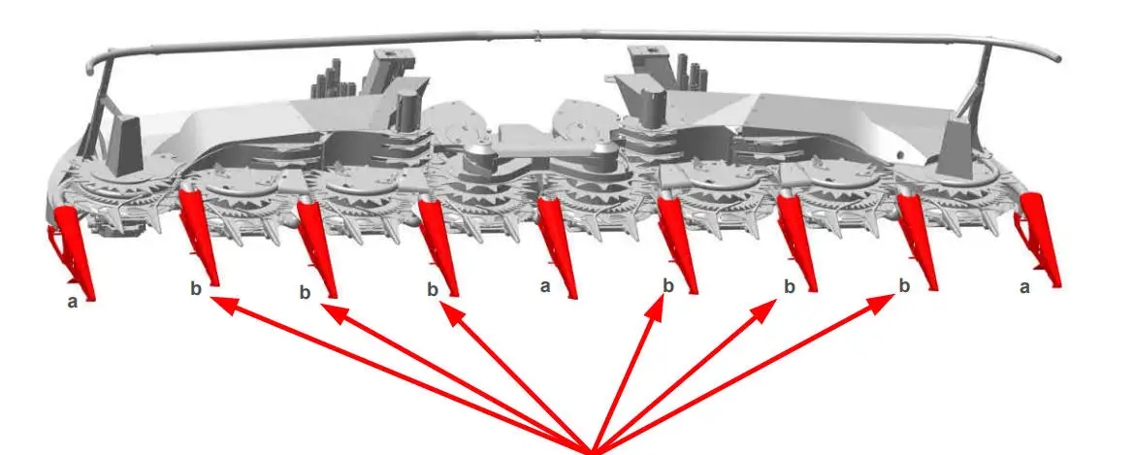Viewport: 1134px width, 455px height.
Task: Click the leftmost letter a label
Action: click(x=73, y=302)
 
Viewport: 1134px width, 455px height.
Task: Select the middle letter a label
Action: click(x=545, y=286)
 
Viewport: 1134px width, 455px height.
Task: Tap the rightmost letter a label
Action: click(x=1024, y=288)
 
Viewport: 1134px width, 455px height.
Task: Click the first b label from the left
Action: click(x=195, y=289)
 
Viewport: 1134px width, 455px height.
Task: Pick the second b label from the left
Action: click(x=305, y=292)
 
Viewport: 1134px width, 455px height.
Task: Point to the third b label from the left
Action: click(x=433, y=290)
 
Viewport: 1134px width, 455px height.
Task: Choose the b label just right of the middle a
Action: click(x=668, y=286)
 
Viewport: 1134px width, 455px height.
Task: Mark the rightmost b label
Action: click(x=904, y=286)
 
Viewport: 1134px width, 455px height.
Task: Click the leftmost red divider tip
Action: click(x=92, y=298)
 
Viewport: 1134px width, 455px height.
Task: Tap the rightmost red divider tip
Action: click(x=1058, y=286)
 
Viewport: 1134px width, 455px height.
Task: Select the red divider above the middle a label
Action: click(x=560, y=246)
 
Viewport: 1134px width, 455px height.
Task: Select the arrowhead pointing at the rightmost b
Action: click(x=884, y=303)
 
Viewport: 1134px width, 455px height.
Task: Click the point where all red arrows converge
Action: click(x=592, y=452)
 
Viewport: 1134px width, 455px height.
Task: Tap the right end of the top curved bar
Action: click(x=1057, y=57)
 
